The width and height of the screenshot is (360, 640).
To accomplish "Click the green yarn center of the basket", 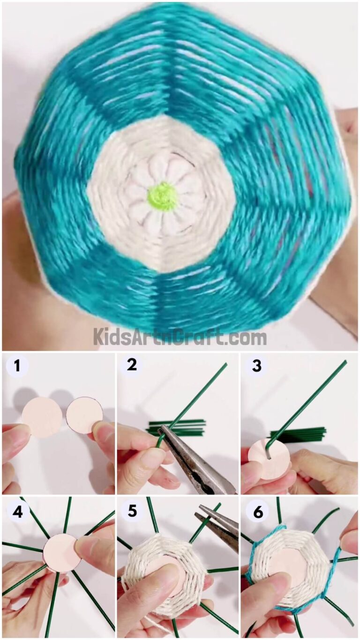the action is click(162, 197).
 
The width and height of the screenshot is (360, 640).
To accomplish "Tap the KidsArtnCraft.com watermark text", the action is click(180, 338).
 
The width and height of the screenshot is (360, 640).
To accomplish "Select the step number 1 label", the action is click(17, 366).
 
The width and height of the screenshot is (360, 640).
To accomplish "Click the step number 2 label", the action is click(132, 365).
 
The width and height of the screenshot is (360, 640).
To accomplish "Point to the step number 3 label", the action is click(256, 366).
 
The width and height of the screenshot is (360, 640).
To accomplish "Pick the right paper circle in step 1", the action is click(84, 416).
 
